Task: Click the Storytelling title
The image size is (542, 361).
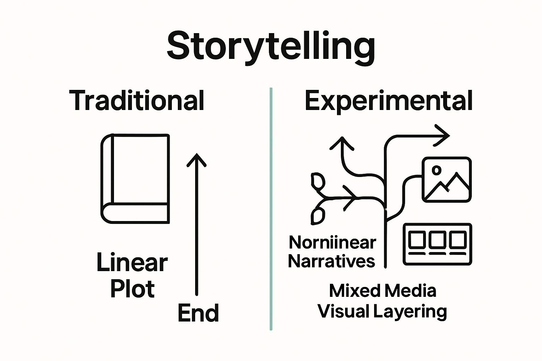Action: pyautogui.click(x=271, y=46)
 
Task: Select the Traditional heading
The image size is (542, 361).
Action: pyautogui.click(x=137, y=100)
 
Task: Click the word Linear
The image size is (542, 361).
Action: pyautogui.click(x=132, y=263)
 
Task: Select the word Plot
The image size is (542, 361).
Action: pyautogui.click(x=132, y=289)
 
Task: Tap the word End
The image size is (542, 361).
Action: pyautogui.click(x=198, y=313)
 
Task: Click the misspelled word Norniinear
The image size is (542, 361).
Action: pyautogui.click(x=332, y=243)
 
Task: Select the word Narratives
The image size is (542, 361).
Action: pyautogui.click(x=331, y=261)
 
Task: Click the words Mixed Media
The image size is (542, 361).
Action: pyautogui.click(x=383, y=291)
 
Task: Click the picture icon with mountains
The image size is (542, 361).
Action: pyautogui.click(x=446, y=179)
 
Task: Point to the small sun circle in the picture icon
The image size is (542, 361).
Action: pyautogui.click(x=436, y=170)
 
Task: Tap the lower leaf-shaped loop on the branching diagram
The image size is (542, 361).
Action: pyautogui.click(x=317, y=215)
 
